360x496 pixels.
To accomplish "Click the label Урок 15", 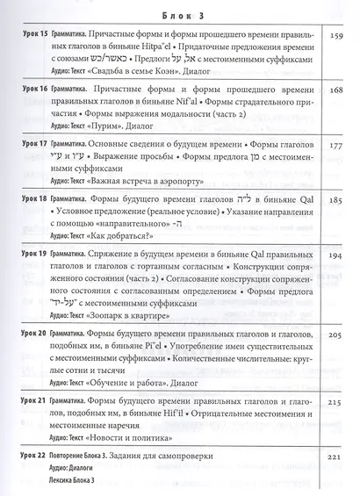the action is [33, 40].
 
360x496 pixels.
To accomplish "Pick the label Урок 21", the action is [33, 399].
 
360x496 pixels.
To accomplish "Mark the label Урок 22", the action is [33, 456].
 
